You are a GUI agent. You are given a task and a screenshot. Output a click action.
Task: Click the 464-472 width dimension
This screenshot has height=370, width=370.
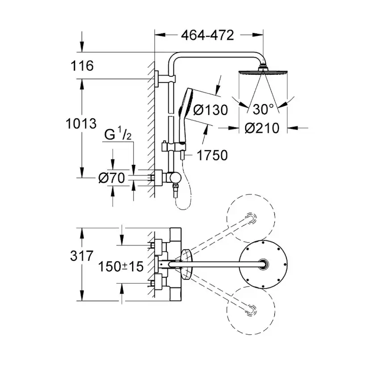pos(207,35)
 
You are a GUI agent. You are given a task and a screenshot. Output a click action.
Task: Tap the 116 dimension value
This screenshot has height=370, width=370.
pos(82,66)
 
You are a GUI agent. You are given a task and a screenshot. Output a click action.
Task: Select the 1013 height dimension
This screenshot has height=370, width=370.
pos(81,123)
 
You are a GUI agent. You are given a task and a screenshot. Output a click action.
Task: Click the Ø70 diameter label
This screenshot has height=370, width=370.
pos(112,178)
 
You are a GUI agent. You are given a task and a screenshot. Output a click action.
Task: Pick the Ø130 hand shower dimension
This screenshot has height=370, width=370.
pos(210,110)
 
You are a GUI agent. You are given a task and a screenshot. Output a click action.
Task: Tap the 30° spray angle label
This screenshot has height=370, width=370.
pos(263,109)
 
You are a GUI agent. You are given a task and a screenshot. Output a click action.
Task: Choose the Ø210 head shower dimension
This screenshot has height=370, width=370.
pos(262,128)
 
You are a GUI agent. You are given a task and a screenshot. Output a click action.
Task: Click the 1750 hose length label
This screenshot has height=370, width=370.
pos(212,155)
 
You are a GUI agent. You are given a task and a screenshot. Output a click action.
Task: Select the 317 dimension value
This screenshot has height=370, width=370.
pos(82,256)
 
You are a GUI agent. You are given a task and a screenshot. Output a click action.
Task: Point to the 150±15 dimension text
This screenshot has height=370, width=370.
pos(121,266)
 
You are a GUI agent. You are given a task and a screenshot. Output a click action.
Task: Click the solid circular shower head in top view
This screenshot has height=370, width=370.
pos(263,264)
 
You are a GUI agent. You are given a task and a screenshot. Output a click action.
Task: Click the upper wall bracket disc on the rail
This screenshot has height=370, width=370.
pos(157,79)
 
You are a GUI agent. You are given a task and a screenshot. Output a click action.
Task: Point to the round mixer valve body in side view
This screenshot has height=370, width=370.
pos(175,178)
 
